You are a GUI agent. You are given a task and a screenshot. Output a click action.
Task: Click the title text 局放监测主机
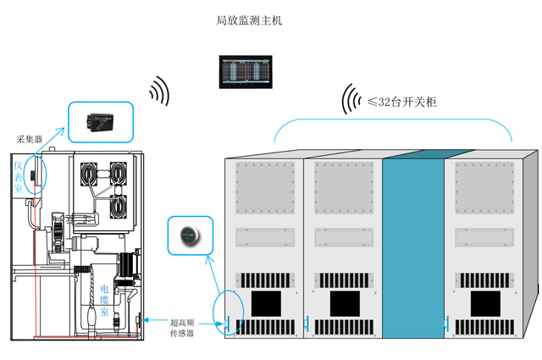point(248,20)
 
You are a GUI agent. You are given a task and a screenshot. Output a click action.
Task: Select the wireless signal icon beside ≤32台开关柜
point(349,98)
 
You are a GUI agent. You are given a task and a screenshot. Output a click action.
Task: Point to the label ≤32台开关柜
point(402,102)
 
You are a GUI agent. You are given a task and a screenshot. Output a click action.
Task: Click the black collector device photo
point(100,121)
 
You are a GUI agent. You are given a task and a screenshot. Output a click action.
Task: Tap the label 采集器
point(29,138)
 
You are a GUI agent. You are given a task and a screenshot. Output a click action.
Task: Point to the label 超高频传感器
point(181,327)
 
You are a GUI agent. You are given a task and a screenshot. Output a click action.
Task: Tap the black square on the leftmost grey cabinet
point(268,303)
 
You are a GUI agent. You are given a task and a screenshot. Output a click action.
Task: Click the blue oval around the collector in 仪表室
point(36,174)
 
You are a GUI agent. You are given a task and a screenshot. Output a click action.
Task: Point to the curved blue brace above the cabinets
point(394,122)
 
